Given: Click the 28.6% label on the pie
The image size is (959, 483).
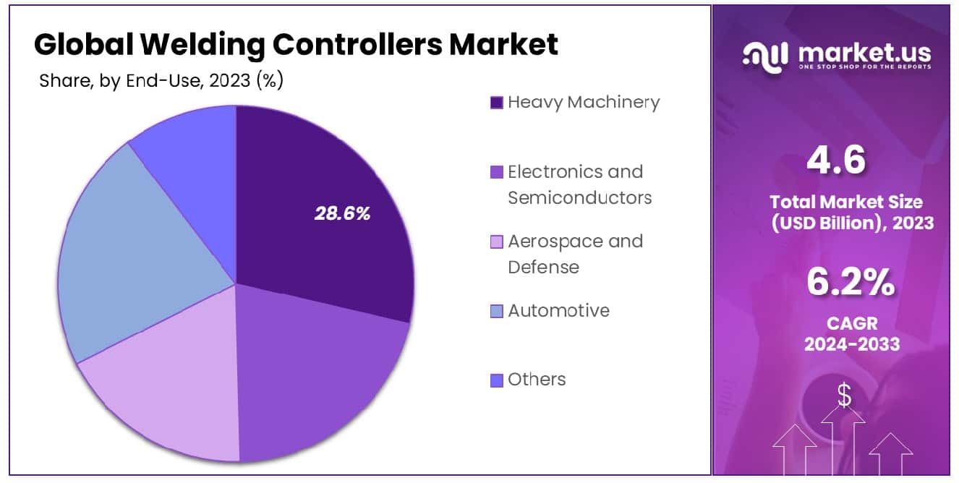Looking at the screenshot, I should tap(342, 213).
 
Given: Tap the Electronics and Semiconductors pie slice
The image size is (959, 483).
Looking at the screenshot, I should tap(318, 376).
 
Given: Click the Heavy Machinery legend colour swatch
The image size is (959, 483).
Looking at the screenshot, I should tap(497, 103).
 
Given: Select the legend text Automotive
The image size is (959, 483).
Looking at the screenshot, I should tap(558, 310).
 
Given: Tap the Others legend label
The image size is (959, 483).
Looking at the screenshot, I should tap(537, 379).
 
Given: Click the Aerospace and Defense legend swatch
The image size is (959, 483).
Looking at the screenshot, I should tap(497, 241).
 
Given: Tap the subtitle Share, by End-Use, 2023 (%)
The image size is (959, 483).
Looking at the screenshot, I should tap(161, 81).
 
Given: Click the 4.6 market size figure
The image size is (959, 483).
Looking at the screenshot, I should tap(835, 160).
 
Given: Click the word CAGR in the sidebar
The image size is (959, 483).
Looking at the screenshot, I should tap(851, 322).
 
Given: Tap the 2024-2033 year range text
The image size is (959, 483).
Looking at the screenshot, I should tap(851, 343).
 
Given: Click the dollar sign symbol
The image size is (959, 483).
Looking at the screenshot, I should tap(843, 394).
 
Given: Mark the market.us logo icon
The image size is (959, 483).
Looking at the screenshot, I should tap(767, 56).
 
